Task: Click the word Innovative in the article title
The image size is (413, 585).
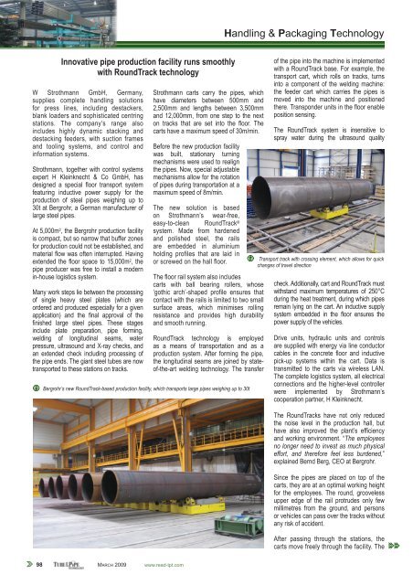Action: [89, 56]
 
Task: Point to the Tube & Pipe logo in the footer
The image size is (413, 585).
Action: [61, 566]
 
